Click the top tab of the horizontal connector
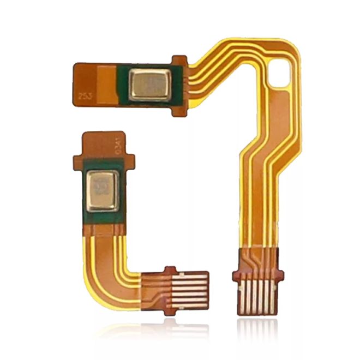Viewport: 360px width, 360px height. [170, 269]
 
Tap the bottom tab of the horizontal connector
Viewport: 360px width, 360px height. [170, 312]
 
